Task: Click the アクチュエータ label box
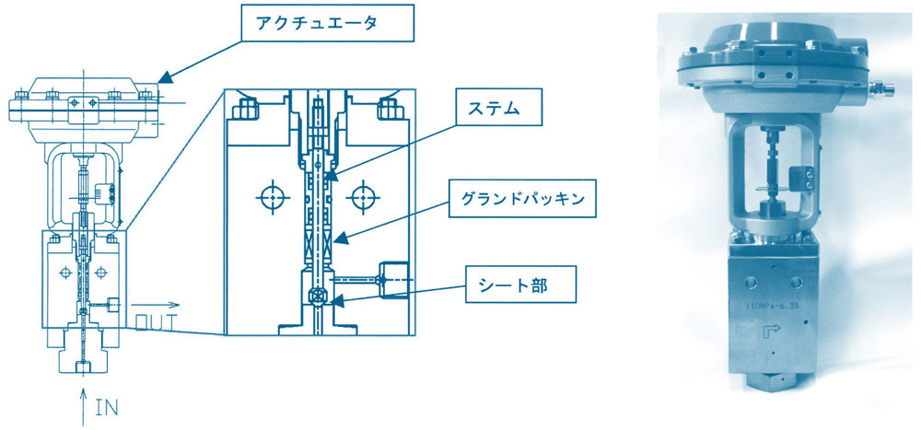[x=328, y=24]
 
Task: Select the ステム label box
[x=497, y=108]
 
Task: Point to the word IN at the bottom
[x=107, y=408]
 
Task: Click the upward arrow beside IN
[x=84, y=405]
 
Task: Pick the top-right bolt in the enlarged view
[x=390, y=108]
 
